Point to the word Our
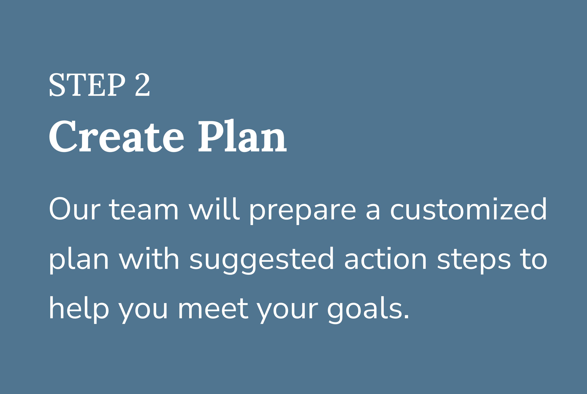tap(75, 208)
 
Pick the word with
tap(149, 258)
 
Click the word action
tap(385, 258)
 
